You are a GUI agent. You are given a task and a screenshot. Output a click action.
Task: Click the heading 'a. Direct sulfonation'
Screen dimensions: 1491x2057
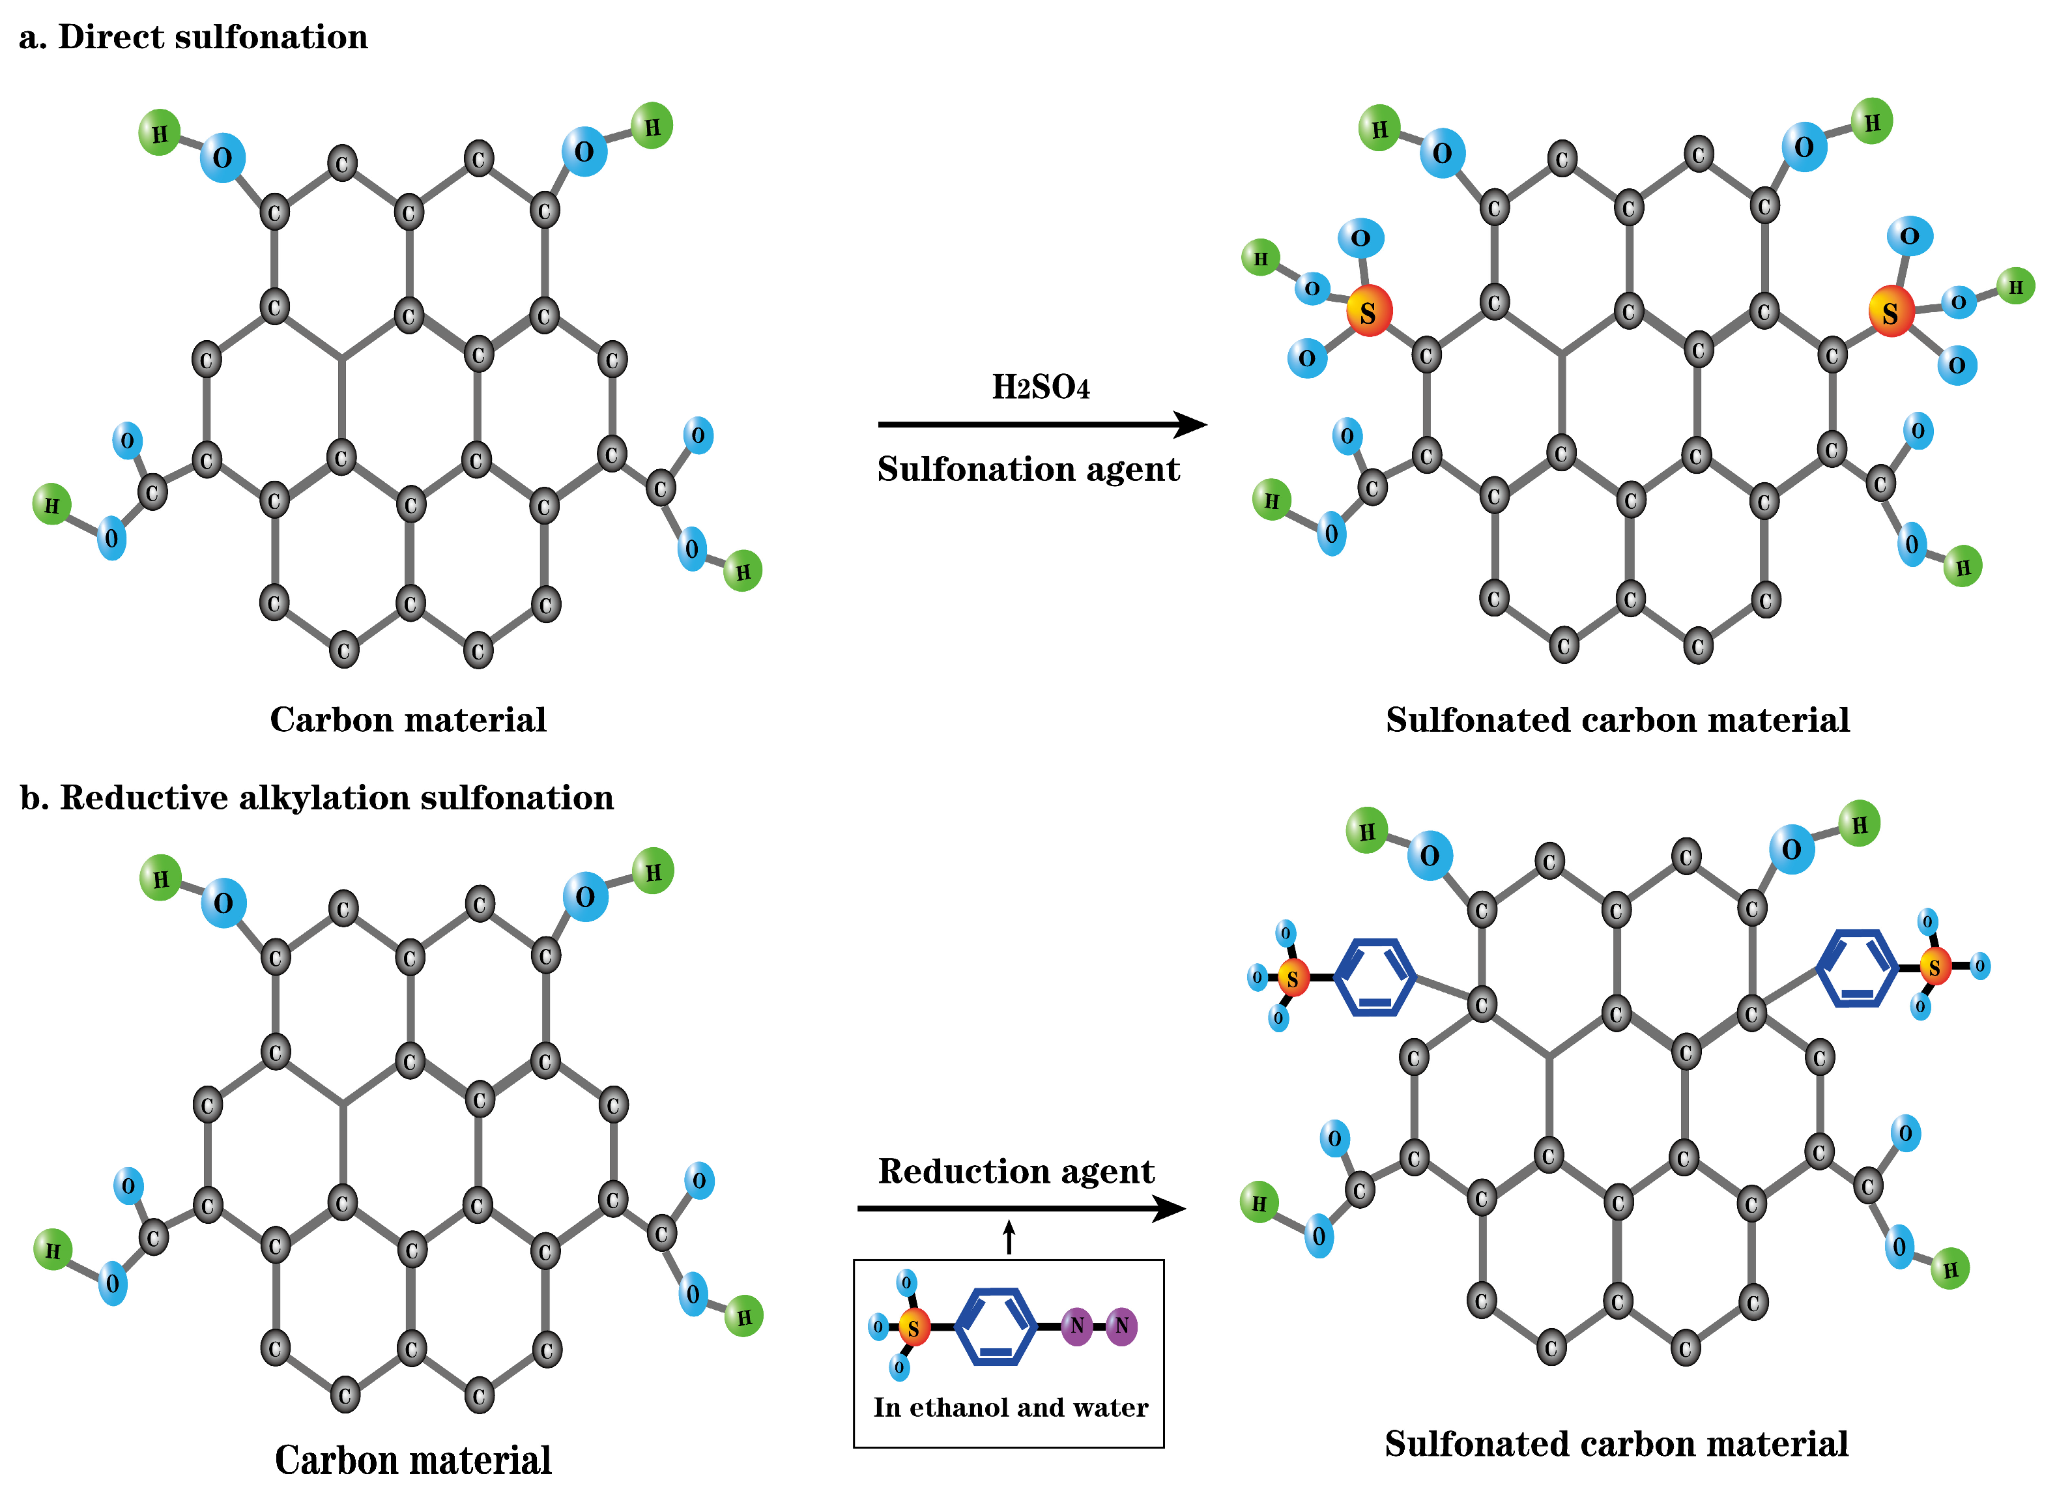193,37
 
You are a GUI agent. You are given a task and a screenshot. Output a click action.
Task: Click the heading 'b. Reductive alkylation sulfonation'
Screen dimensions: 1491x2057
317,798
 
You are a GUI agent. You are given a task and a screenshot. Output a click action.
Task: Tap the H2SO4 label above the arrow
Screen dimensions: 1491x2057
1041,387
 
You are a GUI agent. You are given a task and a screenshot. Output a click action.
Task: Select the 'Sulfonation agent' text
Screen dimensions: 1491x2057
1028,469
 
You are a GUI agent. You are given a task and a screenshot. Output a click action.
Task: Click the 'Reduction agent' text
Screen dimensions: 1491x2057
1016,1171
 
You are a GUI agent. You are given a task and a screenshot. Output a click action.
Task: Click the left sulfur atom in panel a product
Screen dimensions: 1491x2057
1368,312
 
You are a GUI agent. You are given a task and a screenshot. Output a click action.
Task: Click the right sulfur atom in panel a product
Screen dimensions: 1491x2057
1891,313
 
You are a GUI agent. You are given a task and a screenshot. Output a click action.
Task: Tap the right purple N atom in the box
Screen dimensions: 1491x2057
1122,1327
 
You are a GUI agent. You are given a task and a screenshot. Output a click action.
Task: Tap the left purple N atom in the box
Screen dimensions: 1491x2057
1076,1327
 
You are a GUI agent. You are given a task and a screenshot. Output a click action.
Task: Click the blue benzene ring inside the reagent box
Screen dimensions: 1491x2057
996,1327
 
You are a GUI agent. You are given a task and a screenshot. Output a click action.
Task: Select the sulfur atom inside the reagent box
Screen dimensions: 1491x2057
914,1329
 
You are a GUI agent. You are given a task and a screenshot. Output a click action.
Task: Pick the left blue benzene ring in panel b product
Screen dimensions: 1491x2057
1375,977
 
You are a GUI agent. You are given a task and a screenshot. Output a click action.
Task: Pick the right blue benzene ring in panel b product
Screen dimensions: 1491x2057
1858,968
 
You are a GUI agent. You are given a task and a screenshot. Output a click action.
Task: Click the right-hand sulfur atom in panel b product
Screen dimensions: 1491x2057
1935,968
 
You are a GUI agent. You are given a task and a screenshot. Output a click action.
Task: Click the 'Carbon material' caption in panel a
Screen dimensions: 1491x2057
408,720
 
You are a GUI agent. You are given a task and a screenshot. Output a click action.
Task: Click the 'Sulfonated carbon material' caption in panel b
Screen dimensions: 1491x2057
1616,1444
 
